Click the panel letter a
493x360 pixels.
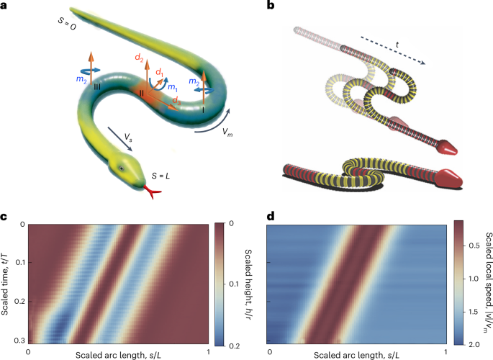[5, 7]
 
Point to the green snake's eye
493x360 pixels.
[122, 168]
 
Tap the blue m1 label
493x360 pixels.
[171, 86]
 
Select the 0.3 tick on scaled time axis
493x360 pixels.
[19, 339]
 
